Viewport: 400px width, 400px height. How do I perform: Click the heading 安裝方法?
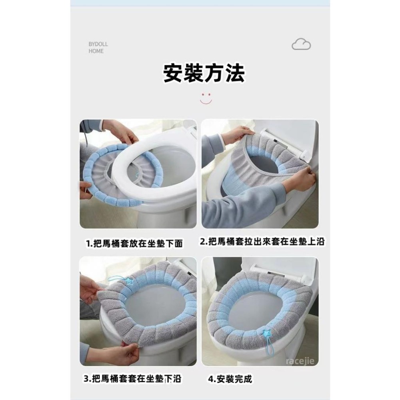[x=204, y=74]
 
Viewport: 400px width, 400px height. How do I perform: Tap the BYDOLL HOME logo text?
[x=98, y=48]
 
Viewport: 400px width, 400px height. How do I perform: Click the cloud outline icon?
[x=301, y=44]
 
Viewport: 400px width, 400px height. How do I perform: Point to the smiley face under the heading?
[x=206, y=98]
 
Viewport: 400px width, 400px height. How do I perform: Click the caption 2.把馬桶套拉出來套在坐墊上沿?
[x=262, y=242]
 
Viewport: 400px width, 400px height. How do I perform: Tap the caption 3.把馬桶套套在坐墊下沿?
[x=135, y=379]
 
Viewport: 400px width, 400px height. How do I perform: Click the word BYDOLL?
[x=98, y=44]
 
